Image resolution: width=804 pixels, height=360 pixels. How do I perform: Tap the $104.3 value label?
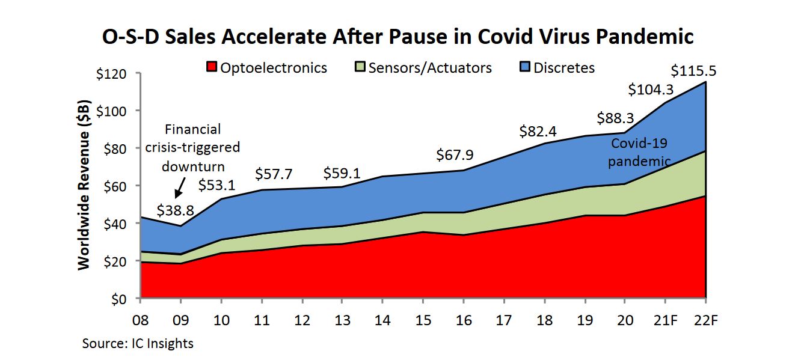pos(651,90)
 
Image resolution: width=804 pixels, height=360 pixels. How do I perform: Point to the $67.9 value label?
pos(455,154)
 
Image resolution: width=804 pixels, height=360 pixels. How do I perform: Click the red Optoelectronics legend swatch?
pos(210,67)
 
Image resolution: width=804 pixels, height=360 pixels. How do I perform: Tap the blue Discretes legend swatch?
pos(524,67)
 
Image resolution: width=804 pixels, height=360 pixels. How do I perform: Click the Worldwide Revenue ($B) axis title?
pos(85,185)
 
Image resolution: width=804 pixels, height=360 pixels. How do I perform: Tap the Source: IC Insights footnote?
pos(138,343)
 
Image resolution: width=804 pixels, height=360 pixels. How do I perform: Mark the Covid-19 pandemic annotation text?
pos(639,152)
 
